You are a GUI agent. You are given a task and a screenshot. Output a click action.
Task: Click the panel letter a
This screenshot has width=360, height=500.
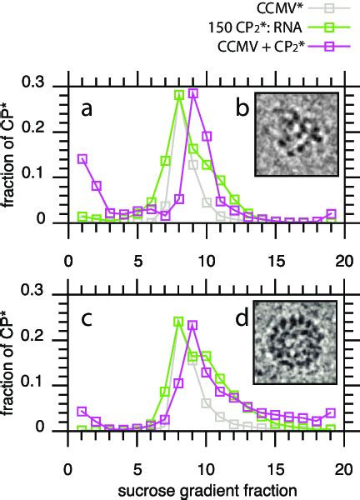click(85, 109)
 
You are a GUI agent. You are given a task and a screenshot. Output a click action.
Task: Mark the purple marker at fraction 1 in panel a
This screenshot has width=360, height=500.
click(82, 158)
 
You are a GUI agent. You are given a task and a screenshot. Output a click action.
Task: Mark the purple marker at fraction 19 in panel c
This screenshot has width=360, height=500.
click(332, 413)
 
